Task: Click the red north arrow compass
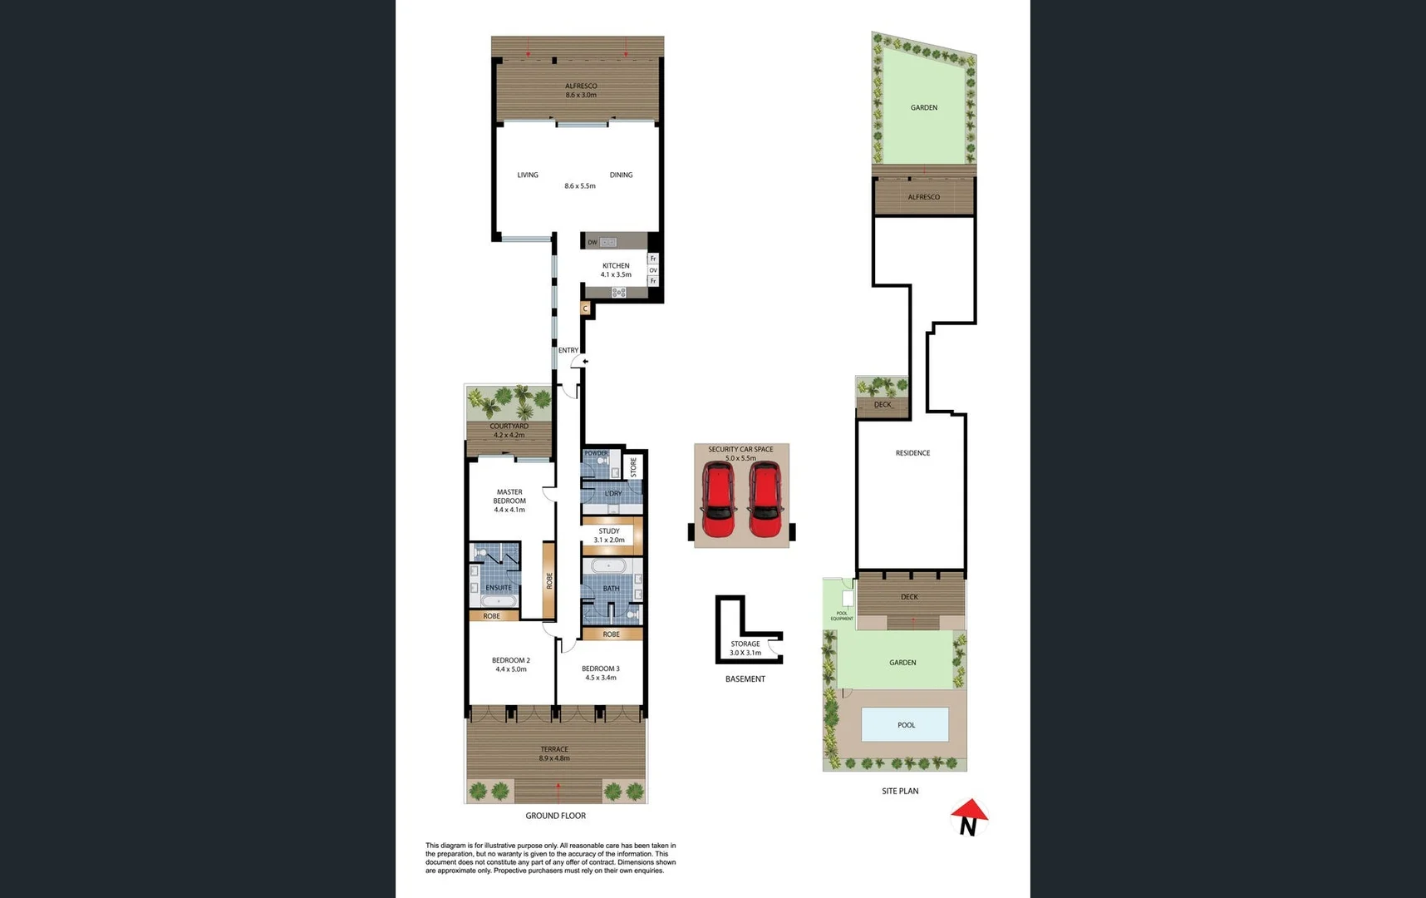pyautogui.click(x=969, y=817)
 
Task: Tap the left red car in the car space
pyautogui.click(x=718, y=500)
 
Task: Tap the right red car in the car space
pyautogui.click(x=764, y=500)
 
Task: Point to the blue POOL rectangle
pyautogui.click(x=906, y=724)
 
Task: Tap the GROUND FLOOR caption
pyautogui.click(x=555, y=816)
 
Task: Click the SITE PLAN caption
pyautogui.click(x=900, y=791)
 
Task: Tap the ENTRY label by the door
pyautogui.click(x=568, y=350)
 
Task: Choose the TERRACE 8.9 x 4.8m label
pyautogui.click(x=554, y=753)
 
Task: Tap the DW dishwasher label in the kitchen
pyautogui.click(x=592, y=242)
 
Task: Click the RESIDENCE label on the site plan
pyautogui.click(x=912, y=453)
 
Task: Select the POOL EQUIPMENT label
pyautogui.click(x=841, y=615)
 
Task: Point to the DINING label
pyautogui.click(x=621, y=175)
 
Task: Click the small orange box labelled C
pyautogui.click(x=585, y=308)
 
